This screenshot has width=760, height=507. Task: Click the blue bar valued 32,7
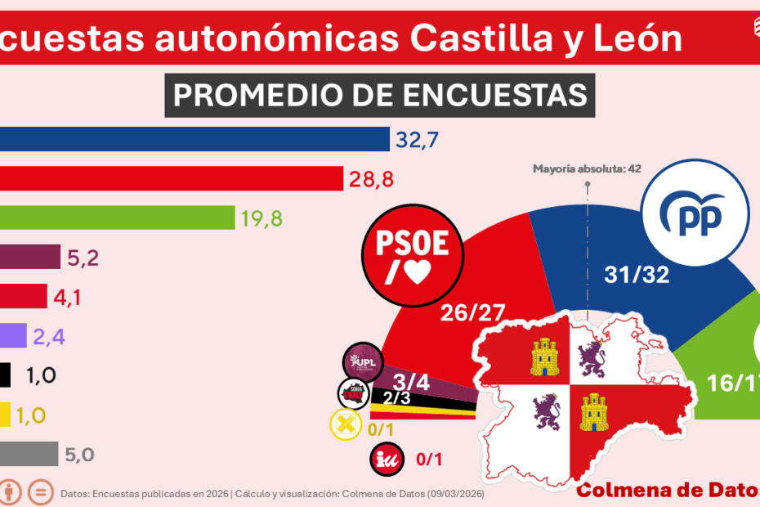pos(194,140)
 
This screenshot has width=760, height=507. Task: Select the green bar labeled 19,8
pos(117,218)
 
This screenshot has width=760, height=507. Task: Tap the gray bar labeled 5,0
pos(29,454)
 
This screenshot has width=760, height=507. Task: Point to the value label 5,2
pos(84,258)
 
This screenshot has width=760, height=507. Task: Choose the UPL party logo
pos(362,361)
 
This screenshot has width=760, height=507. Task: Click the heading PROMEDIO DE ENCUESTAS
pos(380,95)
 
